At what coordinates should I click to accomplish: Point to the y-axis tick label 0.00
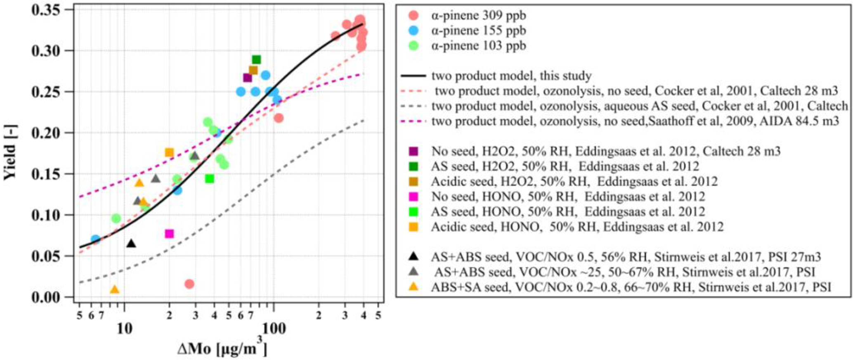[x=50, y=297]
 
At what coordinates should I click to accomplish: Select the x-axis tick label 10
[x=124, y=329]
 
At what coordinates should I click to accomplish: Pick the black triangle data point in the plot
[x=131, y=244]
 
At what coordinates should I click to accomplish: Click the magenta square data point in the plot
[x=169, y=234]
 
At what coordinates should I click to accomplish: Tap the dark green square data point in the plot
[x=256, y=60]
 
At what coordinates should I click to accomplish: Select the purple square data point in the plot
[x=248, y=78]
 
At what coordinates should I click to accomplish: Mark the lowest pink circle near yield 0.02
[x=189, y=284]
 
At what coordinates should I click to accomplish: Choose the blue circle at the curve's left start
[x=95, y=239]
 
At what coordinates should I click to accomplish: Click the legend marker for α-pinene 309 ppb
[x=413, y=16]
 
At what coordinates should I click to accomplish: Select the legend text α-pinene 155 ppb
[x=479, y=31]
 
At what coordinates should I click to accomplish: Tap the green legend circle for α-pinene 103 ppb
[x=413, y=45]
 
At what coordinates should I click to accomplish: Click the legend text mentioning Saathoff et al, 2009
[x=635, y=121]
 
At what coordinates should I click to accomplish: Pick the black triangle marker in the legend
[x=413, y=256]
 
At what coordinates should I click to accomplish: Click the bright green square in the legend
[x=413, y=211]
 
